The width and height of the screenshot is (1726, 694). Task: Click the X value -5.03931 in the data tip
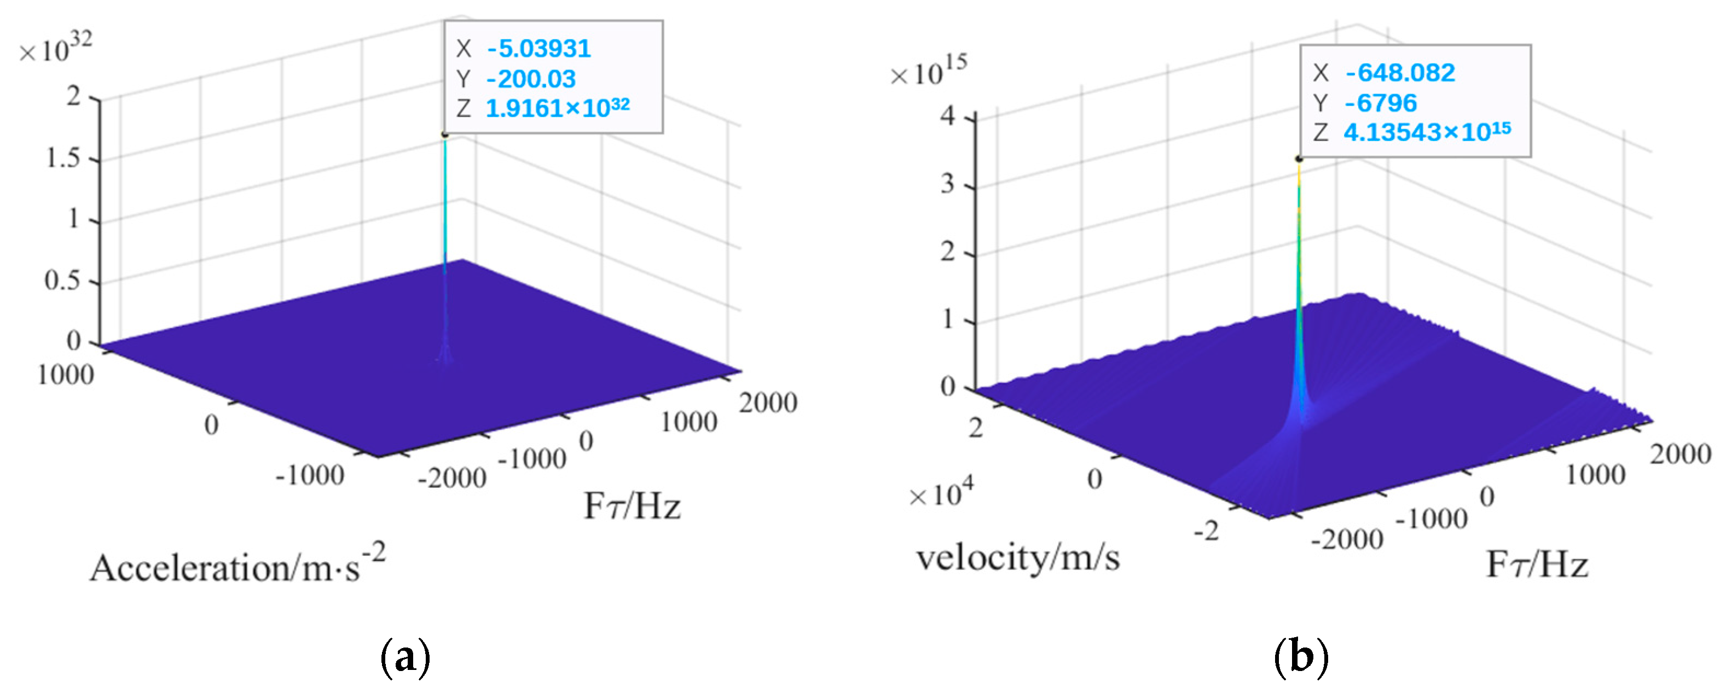pos(538,49)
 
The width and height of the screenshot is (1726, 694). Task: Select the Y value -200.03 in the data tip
pos(531,79)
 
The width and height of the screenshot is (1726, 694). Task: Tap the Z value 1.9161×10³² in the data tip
pos(557,108)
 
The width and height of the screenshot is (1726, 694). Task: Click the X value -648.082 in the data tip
pos(1400,72)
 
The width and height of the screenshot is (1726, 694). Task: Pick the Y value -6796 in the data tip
pos(1380,102)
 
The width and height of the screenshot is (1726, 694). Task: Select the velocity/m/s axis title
pos(1018,557)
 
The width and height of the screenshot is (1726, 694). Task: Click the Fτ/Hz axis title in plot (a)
pos(632,506)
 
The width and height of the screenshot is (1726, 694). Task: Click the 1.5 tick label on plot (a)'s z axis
pos(63,158)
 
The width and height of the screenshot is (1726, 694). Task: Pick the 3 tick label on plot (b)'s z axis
pos(947,184)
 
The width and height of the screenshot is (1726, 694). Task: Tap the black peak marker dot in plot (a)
pos(444,135)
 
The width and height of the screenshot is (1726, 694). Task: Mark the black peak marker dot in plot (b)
pos(1299,159)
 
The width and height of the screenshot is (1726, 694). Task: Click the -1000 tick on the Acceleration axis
pos(310,476)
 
